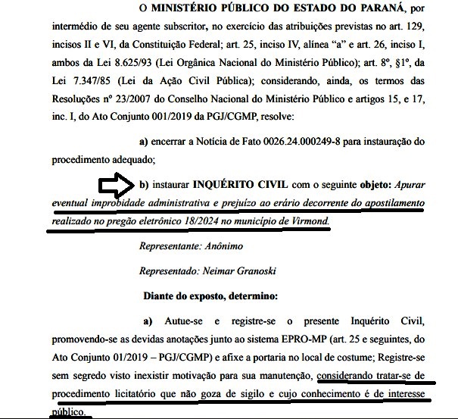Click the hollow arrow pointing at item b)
(x=115, y=185)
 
